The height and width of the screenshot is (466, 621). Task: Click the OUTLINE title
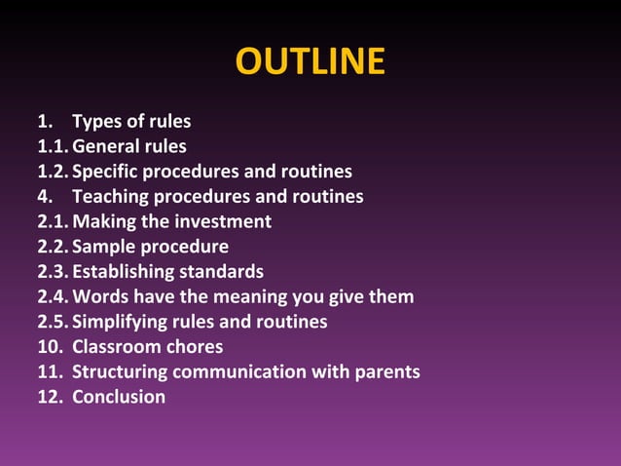pos(310,61)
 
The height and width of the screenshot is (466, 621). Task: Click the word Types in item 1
pos(96,122)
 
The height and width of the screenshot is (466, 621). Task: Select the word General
pos(105,147)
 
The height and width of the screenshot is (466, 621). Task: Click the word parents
pos(386,371)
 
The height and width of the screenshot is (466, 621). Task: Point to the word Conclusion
pos(119,397)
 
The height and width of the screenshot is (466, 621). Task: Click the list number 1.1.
pos(52,147)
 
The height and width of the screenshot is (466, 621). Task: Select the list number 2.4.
pos(52,296)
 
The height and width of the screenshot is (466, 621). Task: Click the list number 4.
pos(43,197)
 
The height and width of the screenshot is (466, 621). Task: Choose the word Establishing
pos(121,271)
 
